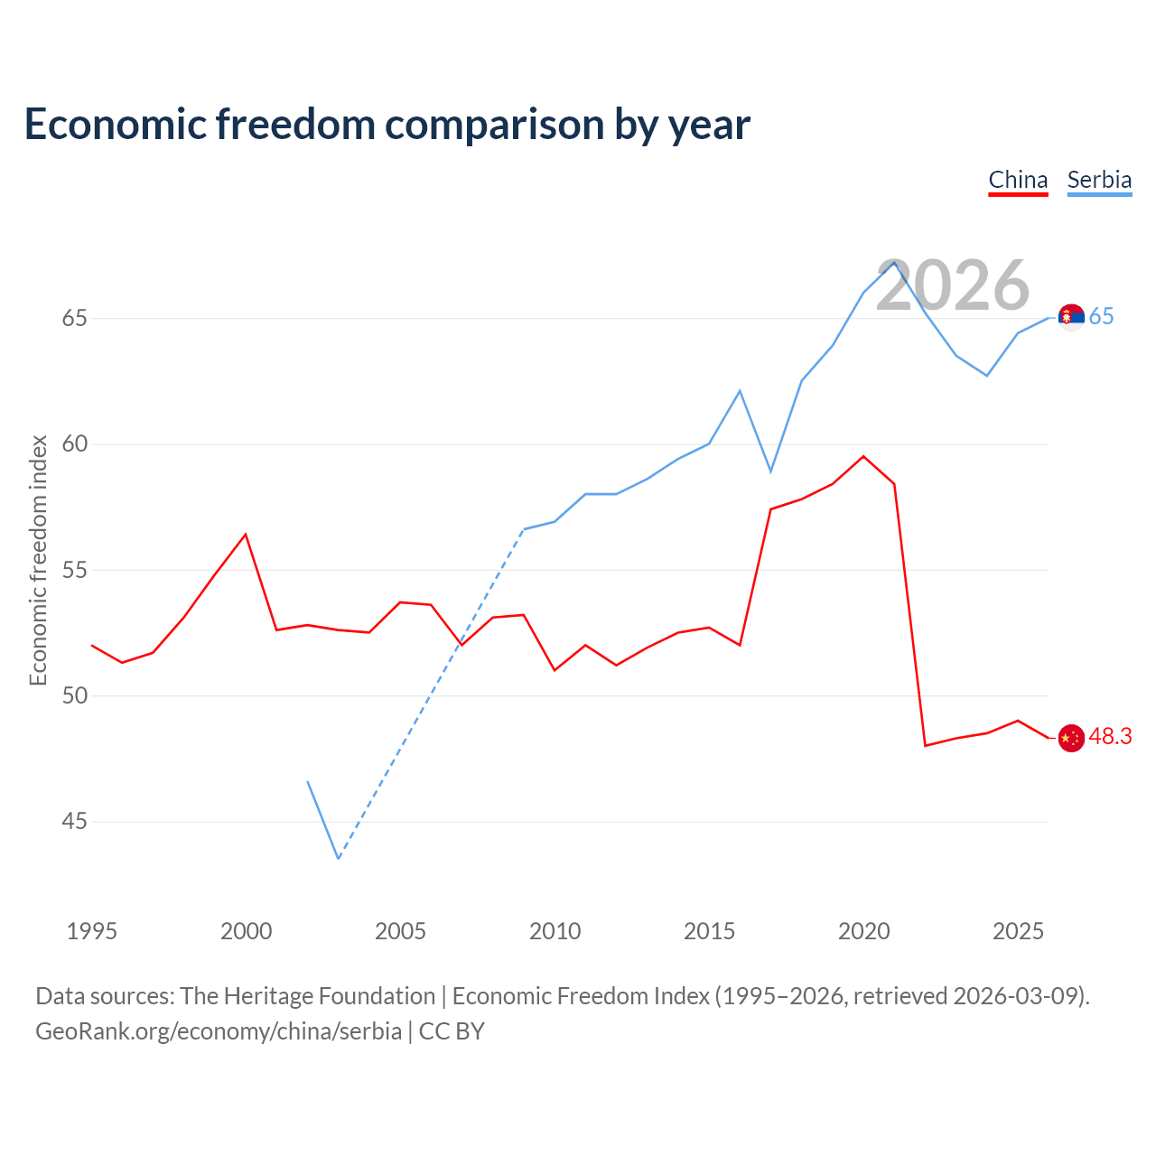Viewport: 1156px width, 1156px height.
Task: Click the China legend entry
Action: click(1018, 181)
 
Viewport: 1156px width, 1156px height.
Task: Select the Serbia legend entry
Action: click(1100, 181)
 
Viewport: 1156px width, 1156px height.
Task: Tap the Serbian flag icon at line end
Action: click(1071, 317)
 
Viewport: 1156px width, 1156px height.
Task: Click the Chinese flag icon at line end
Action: click(1071, 738)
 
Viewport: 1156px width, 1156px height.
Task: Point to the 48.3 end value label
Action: click(1111, 737)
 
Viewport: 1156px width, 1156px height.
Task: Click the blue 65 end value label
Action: click(1102, 317)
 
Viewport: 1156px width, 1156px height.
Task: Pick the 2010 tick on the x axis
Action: click(555, 932)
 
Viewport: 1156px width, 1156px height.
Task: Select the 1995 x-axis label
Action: click(92, 932)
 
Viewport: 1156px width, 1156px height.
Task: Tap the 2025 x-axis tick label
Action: click(1018, 932)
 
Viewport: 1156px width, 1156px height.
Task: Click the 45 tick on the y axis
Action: click(74, 821)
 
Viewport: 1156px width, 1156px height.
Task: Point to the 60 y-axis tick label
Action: click(74, 444)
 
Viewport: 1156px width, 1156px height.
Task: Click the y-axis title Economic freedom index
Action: click(39, 560)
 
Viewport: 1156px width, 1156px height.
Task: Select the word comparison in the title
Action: click(495, 126)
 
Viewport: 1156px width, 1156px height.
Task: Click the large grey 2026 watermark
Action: click(953, 285)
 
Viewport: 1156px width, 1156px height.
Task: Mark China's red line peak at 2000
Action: click(246, 535)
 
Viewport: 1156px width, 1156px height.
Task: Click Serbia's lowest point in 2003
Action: click(339, 859)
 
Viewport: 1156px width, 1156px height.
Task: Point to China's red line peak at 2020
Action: click(864, 456)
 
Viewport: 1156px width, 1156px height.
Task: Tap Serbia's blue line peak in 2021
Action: click(894, 262)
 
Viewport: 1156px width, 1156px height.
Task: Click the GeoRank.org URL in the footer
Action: click(219, 1032)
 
